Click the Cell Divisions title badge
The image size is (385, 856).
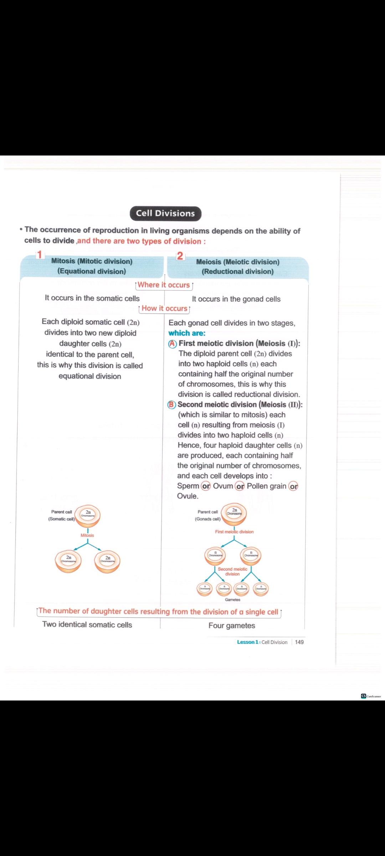[166, 213]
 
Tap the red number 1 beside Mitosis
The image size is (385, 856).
[40, 254]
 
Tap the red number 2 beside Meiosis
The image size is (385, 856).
[180, 256]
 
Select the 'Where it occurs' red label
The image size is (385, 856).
[164, 285]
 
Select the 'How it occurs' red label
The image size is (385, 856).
[164, 309]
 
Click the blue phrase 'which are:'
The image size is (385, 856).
[187, 333]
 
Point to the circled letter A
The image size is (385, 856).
[173, 343]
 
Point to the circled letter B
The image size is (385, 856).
[172, 404]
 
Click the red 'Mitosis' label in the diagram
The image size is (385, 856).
[87, 535]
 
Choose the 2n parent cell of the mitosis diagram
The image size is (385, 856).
[88, 515]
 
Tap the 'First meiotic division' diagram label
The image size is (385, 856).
[234, 532]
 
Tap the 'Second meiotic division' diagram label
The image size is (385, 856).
[232, 571]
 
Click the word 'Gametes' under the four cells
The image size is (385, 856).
[232, 600]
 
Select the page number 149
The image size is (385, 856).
[299, 642]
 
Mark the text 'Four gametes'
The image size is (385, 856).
[232, 626]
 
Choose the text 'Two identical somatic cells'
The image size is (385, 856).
[87, 625]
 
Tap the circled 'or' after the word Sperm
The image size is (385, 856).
[206, 486]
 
